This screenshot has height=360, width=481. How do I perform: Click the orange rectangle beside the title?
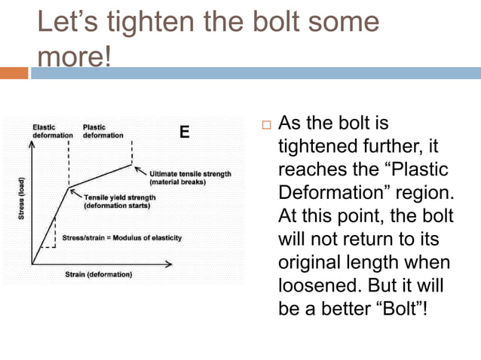pos(14,73)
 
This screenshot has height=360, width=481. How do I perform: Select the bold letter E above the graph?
pos(183,133)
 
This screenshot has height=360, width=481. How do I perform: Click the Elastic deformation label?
pos(52,131)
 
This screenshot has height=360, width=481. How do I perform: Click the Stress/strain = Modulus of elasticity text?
pos(121,238)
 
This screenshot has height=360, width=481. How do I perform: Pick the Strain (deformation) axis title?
pos(99,274)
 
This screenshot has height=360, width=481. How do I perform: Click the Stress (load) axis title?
pos(23,200)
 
